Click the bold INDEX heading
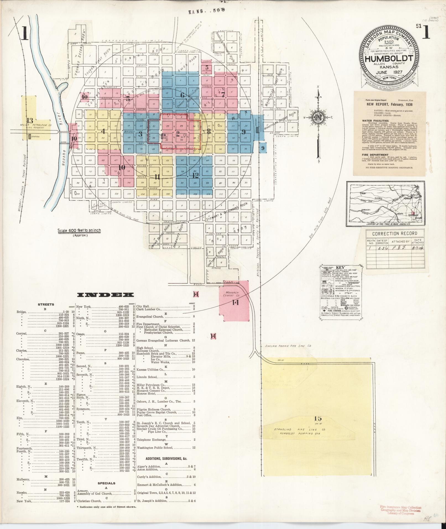point(102,295)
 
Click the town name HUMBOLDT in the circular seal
point(389,59)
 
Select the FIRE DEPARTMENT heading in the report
point(374,155)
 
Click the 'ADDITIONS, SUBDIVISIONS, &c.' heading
point(162,458)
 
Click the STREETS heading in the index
point(46,304)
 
